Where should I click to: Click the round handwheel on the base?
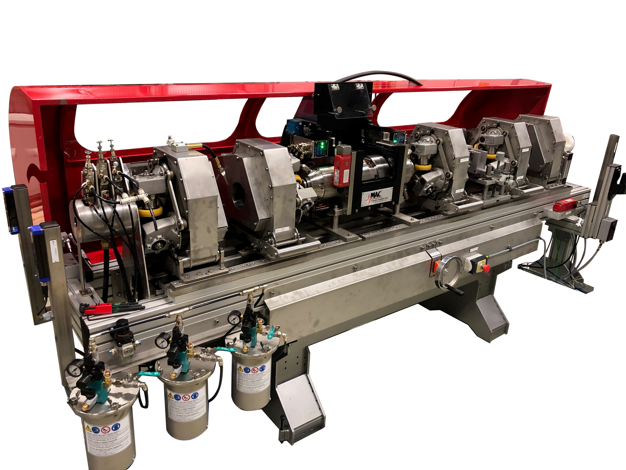[449, 272]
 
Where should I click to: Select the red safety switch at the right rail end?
[564, 206]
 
